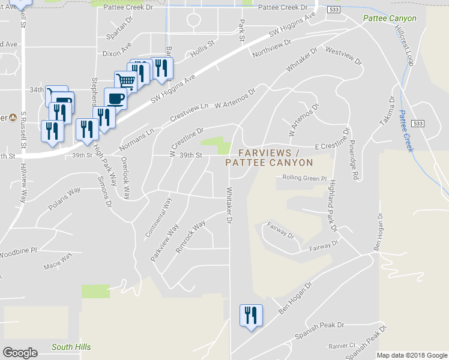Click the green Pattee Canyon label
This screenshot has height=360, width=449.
point(390,19)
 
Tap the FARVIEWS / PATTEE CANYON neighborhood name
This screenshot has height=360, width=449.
point(269,158)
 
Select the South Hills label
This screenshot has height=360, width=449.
point(71,347)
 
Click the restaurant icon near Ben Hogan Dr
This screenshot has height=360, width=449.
point(250,315)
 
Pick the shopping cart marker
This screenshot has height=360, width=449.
point(125,81)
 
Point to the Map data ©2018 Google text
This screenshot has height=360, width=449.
point(412,355)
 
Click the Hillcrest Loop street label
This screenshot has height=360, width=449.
point(405,46)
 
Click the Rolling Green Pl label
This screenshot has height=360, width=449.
point(304,178)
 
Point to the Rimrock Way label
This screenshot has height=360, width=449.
point(190,236)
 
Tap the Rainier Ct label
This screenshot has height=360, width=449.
point(342,346)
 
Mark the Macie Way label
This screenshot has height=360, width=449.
point(58,261)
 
